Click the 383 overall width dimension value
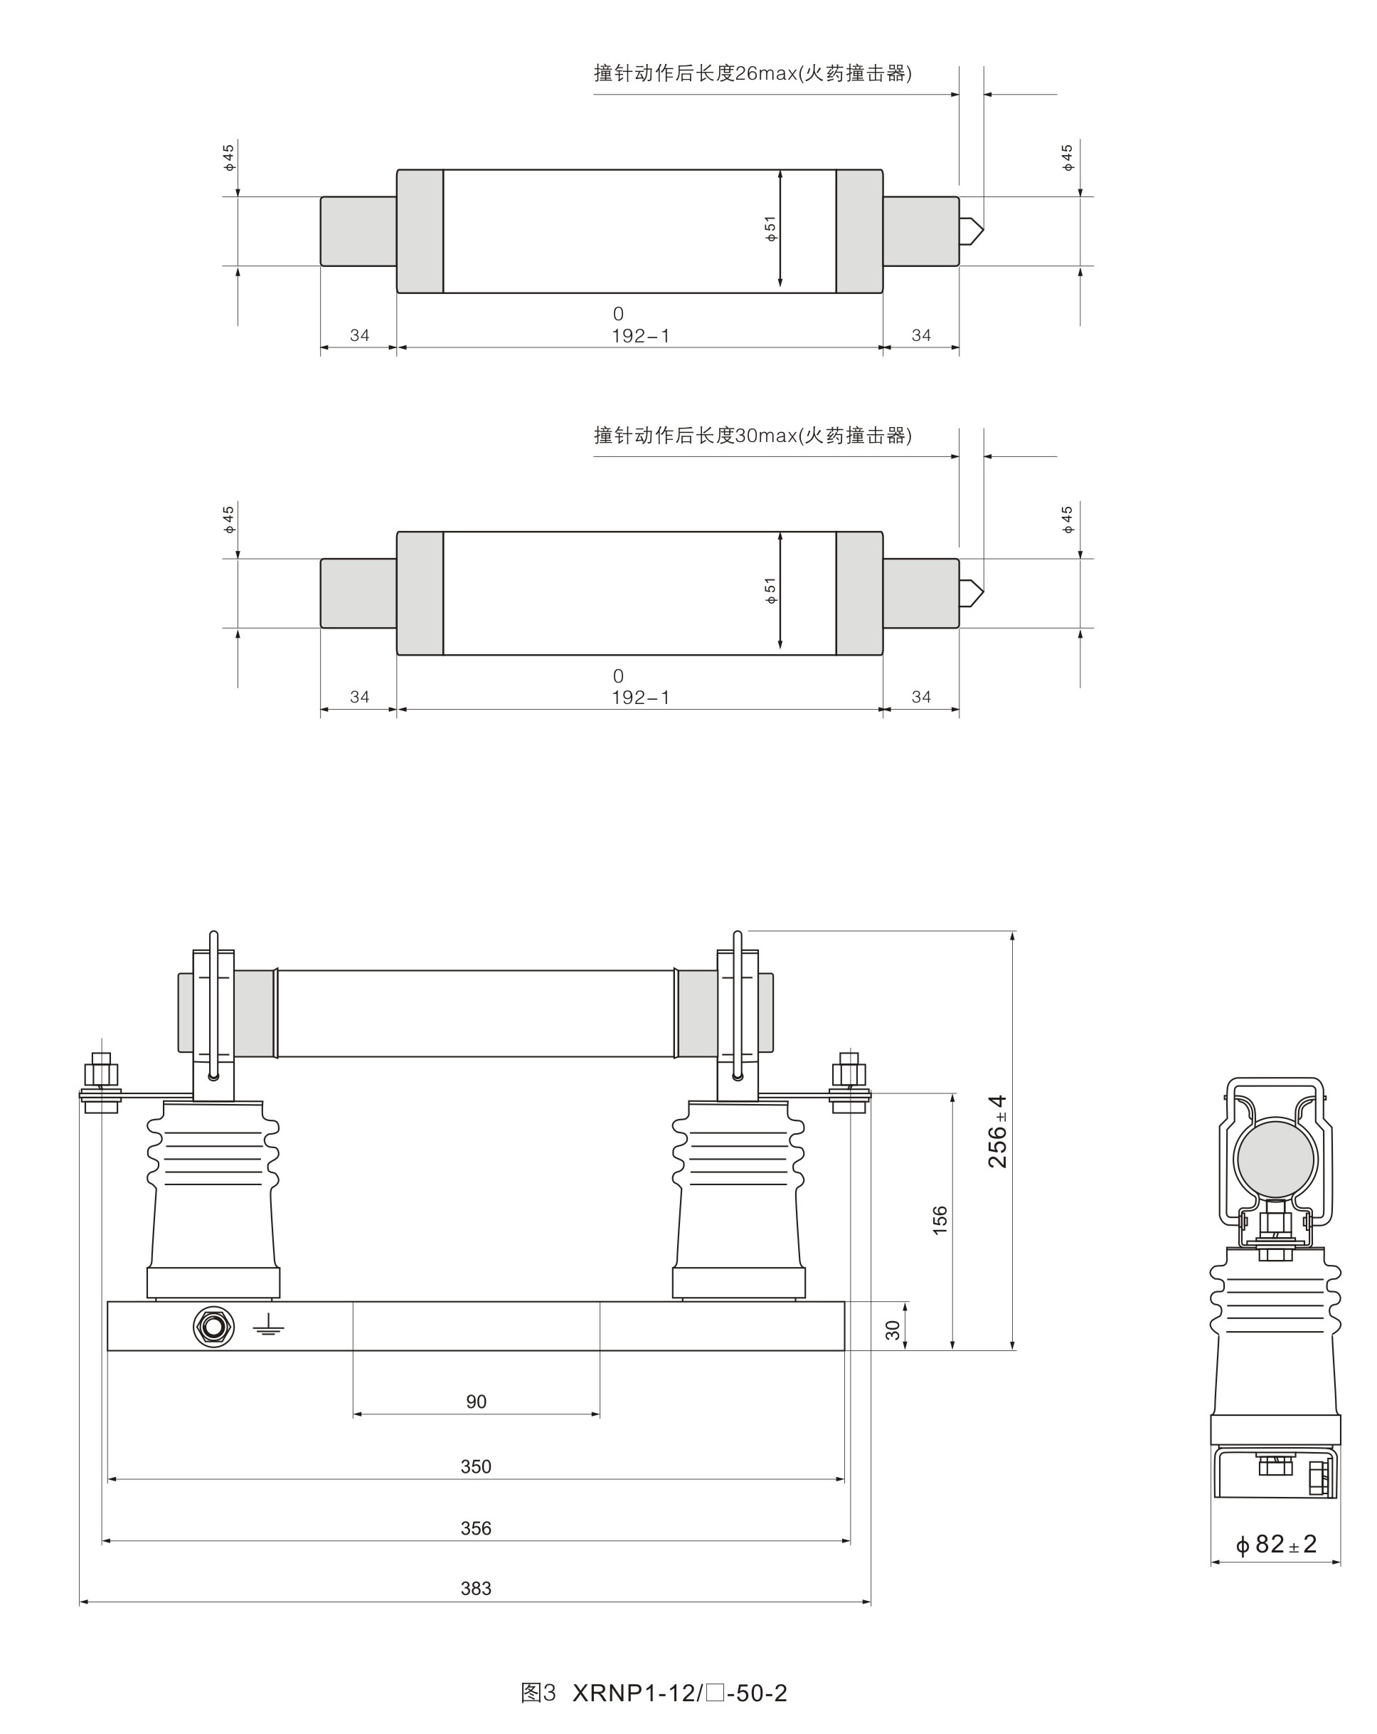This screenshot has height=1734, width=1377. click(476, 1588)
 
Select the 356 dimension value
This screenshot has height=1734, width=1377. click(476, 1528)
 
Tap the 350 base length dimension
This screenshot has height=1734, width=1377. click(476, 1466)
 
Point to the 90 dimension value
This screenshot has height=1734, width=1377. click(476, 1402)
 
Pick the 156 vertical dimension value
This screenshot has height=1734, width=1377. click(940, 1220)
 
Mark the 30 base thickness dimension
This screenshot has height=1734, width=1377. click(893, 1330)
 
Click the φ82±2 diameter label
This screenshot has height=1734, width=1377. click(1276, 1543)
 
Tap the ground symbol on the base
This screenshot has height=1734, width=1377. click(268, 1326)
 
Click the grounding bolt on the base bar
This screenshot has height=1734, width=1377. click(213, 1326)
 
